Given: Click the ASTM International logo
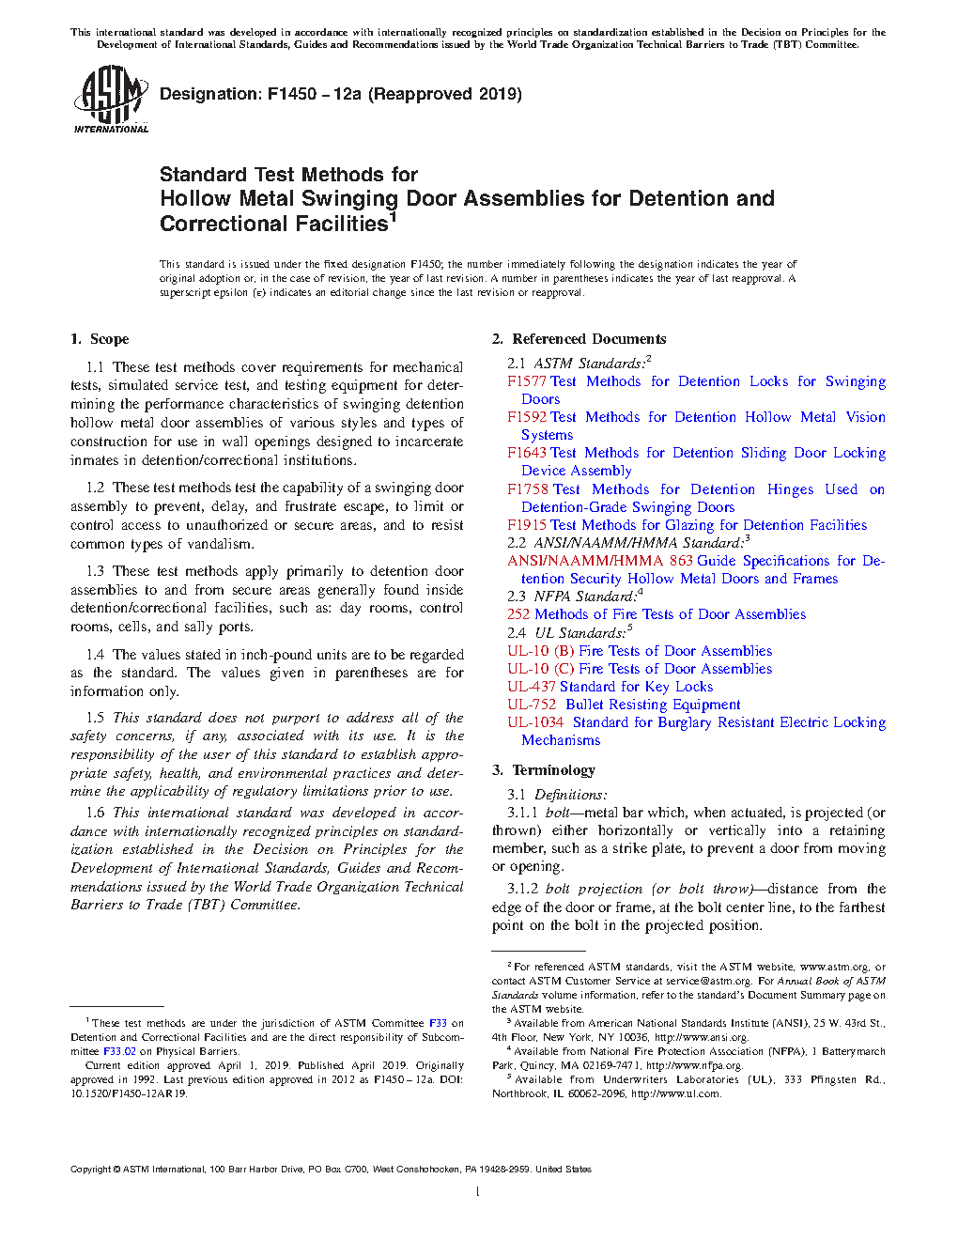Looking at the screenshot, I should tap(110, 99).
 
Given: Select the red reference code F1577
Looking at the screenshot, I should tap(527, 381).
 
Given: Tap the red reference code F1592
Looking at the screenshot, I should tap(527, 417).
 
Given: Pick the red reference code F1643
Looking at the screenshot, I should tap(527, 453).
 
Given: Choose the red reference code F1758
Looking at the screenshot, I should tap(527, 489).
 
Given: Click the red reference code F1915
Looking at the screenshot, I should tap(527, 525).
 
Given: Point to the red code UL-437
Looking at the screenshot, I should tap(532, 687).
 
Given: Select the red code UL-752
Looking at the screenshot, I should tap(532, 705).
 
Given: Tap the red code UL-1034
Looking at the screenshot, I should tap(535, 722).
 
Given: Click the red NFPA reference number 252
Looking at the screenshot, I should tap(518, 614).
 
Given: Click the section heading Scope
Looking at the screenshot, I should tap(109, 339).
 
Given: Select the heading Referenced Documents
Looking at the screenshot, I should tap(589, 339).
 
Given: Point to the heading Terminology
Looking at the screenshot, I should tap(553, 770).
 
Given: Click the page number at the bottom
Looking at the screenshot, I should tap(478, 1192).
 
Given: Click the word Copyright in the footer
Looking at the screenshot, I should tap(90, 1170).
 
